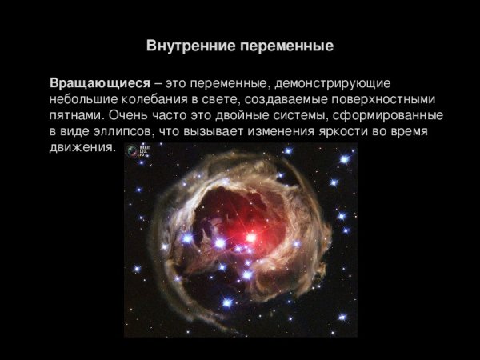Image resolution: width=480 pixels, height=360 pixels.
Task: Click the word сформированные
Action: coord(393,116)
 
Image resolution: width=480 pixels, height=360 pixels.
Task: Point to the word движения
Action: coord(82,149)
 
